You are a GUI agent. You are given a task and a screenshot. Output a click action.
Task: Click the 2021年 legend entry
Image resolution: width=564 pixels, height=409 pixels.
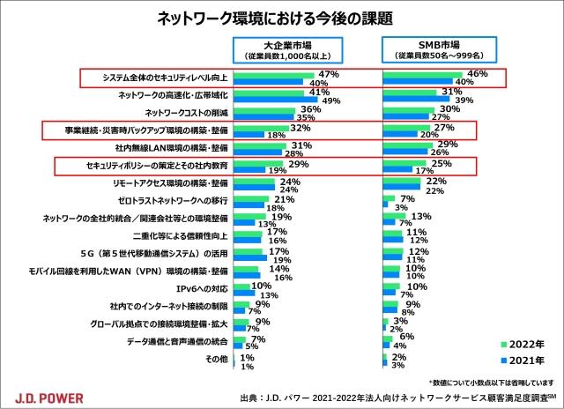pyautogui.click(x=519, y=361)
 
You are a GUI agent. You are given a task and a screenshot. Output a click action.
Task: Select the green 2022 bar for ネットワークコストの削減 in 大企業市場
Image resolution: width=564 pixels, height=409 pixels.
pyautogui.click(x=264, y=109)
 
